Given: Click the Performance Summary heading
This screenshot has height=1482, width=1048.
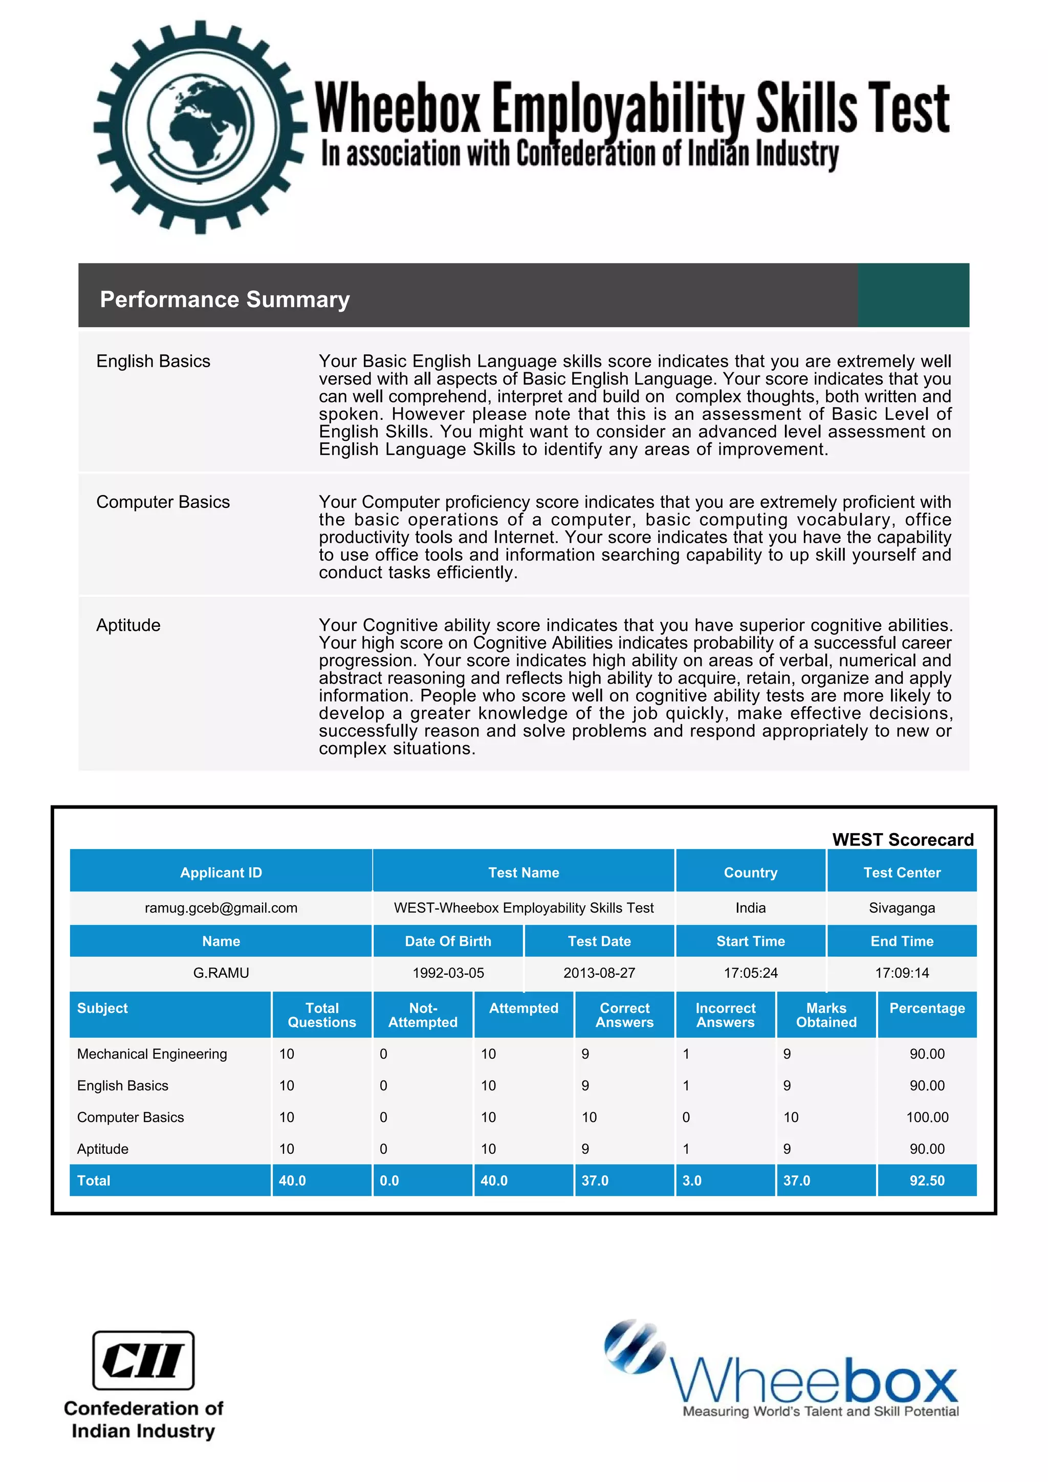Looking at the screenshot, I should point(224,300).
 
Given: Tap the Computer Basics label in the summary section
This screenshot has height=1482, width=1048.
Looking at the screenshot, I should point(163,502).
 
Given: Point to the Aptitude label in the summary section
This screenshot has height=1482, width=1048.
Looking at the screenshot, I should point(128,625).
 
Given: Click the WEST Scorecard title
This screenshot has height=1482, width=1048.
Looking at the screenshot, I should point(902,839).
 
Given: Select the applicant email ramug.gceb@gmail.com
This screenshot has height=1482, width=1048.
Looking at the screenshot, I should point(221,908).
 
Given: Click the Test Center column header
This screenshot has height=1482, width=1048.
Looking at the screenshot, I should point(902,872).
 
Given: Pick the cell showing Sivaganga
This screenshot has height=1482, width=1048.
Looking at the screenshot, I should point(902,908).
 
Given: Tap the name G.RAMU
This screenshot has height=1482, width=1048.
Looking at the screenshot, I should point(221,973).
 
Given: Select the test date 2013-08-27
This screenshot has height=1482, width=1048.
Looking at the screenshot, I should point(599,973).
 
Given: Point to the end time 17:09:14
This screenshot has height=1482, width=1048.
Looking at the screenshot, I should point(902,973).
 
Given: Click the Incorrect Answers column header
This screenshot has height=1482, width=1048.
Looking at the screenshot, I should point(725,1015).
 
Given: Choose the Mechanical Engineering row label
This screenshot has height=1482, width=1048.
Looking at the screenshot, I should point(152,1054).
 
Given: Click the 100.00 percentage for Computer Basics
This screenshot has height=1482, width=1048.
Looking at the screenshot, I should point(927,1117).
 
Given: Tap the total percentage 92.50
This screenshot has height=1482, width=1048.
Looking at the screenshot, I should point(927,1181).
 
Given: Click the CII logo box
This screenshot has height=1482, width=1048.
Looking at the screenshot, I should point(143,1361).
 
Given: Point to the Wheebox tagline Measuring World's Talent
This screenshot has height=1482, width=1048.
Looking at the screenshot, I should point(820,1411).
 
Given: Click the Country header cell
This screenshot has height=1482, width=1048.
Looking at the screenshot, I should point(750,872).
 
